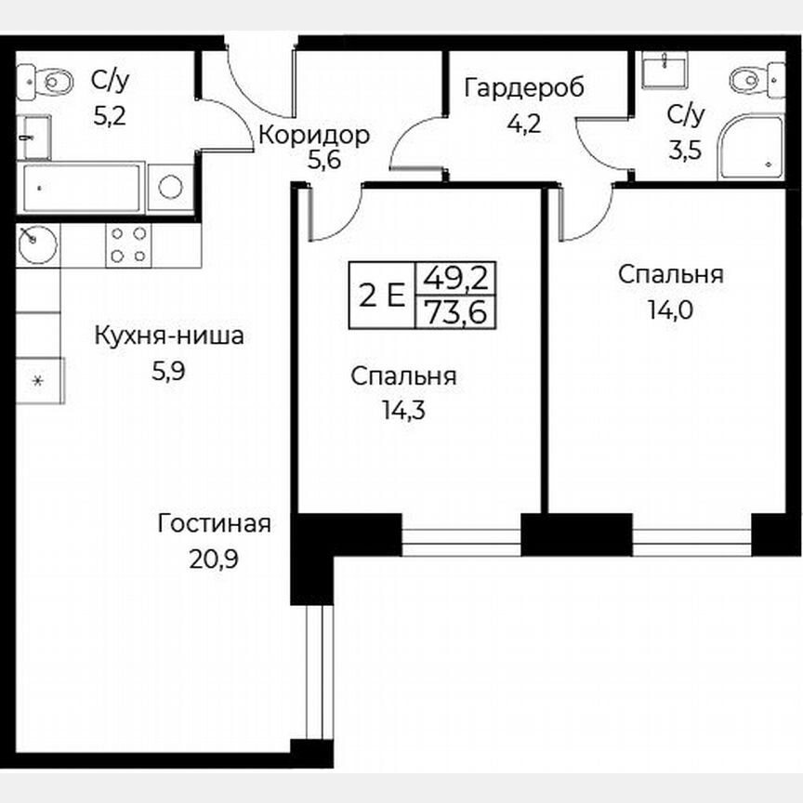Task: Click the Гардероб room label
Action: [x=524, y=88]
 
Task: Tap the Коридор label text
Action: [x=313, y=135]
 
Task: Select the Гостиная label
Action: [x=214, y=523]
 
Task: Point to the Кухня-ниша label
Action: [x=169, y=336]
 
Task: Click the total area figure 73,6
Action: [x=456, y=312]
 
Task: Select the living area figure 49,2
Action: [x=456, y=277]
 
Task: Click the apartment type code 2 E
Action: [x=382, y=296]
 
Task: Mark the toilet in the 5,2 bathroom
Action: [x=47, y=81]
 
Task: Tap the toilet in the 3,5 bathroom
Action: [x=750, y=81]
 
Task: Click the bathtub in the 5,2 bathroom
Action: [x=81, y=189]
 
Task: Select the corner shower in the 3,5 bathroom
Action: [x=750, y=145]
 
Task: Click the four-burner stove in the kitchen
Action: [x=128, y=244]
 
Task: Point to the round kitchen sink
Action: [x=38, y=244]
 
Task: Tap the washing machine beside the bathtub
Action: [x=170, y=187]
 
